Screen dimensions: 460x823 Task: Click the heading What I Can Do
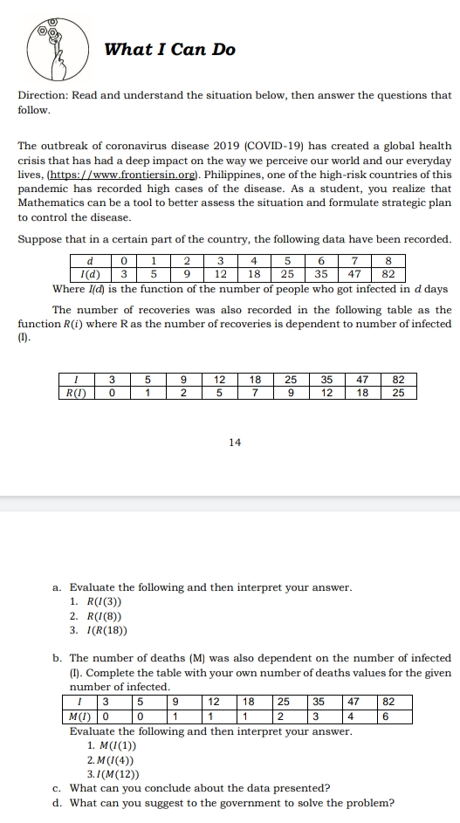170,50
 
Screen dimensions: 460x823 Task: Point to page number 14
234,442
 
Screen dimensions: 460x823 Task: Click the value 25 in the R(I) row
398,393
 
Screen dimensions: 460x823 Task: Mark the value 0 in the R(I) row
112,393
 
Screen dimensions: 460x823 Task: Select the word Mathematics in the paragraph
51,202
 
